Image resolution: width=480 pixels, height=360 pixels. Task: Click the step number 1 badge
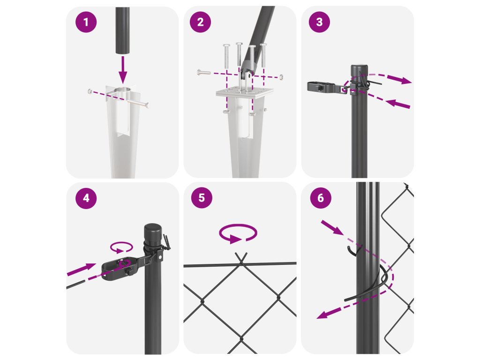click(86, 22)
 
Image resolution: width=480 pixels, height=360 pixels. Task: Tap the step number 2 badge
click(200, 22)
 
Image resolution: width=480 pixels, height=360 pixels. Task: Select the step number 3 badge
click(319, 22)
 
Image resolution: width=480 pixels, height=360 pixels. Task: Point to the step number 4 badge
click(86, 198)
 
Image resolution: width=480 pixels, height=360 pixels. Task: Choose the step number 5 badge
click(202, 198)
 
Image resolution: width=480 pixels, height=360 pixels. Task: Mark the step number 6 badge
click(321, 198)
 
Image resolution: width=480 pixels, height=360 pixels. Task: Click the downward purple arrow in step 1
click(123, 70)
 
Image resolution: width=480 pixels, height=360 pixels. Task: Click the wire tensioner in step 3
click(327, 87)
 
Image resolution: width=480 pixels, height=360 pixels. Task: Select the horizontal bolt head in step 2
click(200, 73)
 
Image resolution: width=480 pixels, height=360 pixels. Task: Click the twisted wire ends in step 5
click(241, 258)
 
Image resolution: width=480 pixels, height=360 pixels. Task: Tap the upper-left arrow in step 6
click(332, 227)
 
